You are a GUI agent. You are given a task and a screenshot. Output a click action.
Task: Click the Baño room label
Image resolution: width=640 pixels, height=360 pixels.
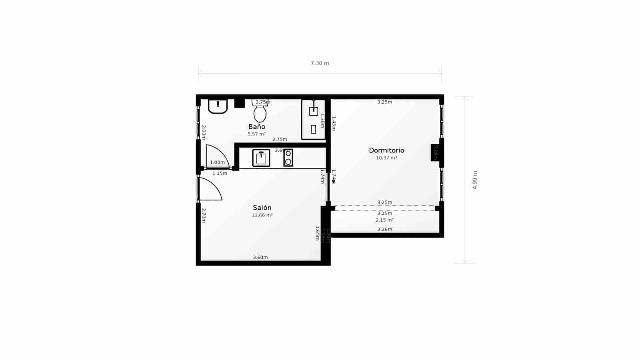[257, 127]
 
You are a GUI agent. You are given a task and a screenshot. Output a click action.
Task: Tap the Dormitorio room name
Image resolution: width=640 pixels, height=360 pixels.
[386, 150]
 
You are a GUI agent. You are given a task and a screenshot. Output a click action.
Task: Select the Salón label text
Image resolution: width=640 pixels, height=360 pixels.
[262, 208]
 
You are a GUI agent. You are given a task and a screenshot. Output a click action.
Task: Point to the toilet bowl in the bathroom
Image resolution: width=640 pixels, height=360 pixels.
[260, 114]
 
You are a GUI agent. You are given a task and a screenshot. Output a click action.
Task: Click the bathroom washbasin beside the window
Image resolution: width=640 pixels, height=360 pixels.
[218, 106]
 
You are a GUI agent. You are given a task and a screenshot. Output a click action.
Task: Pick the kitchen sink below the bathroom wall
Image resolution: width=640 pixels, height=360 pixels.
[261, 158]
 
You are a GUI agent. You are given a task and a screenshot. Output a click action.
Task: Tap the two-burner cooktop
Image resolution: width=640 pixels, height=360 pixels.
[288, 158]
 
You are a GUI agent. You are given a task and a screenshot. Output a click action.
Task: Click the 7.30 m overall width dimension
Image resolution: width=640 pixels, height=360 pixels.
[320, 63]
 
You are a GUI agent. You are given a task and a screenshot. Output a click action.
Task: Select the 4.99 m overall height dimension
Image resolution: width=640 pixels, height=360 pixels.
[475, 180]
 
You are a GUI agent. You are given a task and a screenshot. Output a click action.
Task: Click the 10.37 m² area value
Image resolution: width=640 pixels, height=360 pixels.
[386, 158]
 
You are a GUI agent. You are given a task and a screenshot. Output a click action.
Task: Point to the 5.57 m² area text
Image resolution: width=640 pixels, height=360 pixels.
[257, 134]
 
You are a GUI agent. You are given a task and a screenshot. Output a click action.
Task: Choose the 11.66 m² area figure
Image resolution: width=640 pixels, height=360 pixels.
[262, 215]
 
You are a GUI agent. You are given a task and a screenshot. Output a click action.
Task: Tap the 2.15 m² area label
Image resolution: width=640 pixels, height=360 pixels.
[384, 220]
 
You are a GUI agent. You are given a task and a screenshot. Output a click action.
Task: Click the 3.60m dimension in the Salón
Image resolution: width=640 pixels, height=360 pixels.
[260, 257]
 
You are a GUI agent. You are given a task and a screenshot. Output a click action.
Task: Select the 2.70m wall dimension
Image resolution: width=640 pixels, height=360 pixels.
[204, 215]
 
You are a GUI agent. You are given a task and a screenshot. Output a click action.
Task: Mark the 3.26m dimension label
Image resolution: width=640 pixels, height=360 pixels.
[384, 229]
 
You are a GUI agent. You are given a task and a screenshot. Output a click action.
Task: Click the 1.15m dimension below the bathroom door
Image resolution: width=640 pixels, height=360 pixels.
[220, 174]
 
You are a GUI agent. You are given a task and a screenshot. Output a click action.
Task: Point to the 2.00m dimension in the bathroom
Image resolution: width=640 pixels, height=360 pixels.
[204, 132]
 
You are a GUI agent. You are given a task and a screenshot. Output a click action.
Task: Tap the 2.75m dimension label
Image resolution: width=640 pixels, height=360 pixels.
[280, 140]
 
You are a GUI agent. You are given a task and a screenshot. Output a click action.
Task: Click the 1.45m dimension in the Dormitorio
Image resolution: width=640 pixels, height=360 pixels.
[334, 123]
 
